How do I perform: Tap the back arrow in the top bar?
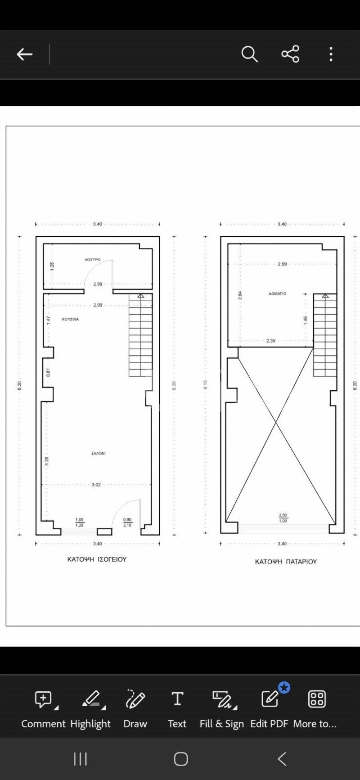coord(24,54)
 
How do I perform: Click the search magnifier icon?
coord(249,54)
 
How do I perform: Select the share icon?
coord(290,54)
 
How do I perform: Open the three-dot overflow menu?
coord(331,54)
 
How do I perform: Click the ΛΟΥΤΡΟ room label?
coord(93,260)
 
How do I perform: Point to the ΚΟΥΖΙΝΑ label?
coord(70,319)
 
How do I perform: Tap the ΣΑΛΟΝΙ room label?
coord(98,453)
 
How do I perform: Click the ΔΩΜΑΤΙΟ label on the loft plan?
coord(277,293)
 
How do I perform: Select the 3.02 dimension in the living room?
coord(96,485)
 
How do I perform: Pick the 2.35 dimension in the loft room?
coord(270,341)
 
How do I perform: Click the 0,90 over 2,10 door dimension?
coord(127,522)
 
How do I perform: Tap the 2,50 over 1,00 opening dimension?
coord(283,518)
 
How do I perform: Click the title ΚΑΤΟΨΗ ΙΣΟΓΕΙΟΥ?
coord(97,559)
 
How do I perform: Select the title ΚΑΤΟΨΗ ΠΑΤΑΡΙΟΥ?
coord(286,562)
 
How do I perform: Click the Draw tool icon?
coord(135,699)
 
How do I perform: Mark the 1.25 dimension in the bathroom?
coord(52,266)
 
